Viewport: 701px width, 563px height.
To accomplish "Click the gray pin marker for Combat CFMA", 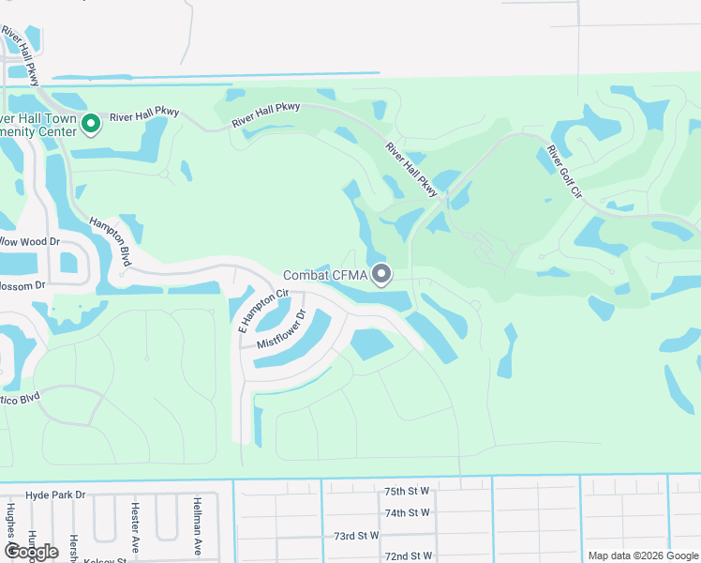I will pos(381,274).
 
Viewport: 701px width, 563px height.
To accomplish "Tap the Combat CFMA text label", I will pos(325,275).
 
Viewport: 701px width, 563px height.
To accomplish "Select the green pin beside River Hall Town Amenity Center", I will pos(92,124).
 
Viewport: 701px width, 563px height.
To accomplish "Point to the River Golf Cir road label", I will pos(565,171).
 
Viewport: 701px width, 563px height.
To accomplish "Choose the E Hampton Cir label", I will pos(262,312).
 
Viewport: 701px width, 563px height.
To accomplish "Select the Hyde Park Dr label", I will pos(55,495).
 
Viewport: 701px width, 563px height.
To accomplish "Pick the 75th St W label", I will pos(407,491).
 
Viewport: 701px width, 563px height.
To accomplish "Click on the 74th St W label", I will pos(407,512).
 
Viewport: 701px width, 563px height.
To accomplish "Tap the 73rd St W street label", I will pos(356,536).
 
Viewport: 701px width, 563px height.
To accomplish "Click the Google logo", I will pos(31,552).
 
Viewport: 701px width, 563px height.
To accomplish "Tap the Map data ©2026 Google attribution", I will pos(643,555).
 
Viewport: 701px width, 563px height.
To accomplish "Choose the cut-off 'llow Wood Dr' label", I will pos(30,241).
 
